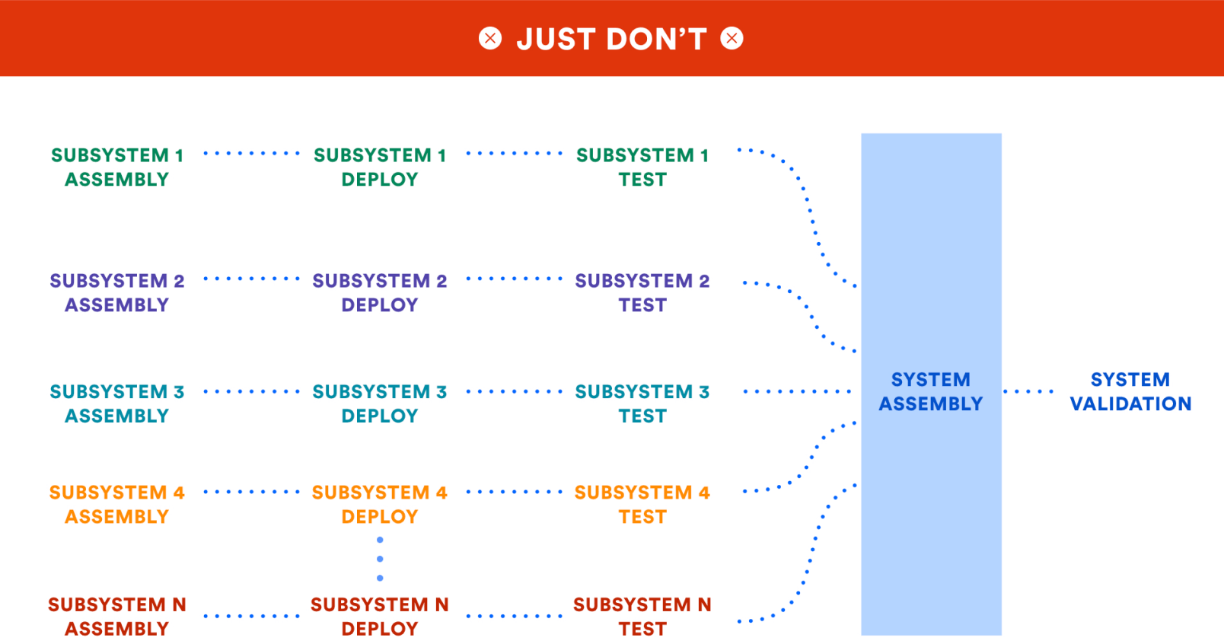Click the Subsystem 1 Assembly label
(116, 167)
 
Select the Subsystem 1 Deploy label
(379, 167)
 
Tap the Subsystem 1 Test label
(642, 167)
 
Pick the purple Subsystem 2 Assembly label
(116, 292)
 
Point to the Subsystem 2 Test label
(642, 292)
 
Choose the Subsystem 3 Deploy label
(379, 403)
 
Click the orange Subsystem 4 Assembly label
(116, 504)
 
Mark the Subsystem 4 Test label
(642, 504)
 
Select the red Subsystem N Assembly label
(116, 616)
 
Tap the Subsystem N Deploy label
(379, 616)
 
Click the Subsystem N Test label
(642, 616)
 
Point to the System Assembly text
(930, 391)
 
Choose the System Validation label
(1130, 391)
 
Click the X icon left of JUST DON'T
(490, 38)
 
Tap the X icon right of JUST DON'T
(732, 38)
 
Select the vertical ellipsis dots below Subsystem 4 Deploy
(380, 559)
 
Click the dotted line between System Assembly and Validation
(1028, 391)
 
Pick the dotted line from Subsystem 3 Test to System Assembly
(796, 391)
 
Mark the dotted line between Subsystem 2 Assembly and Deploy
(251, 279)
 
